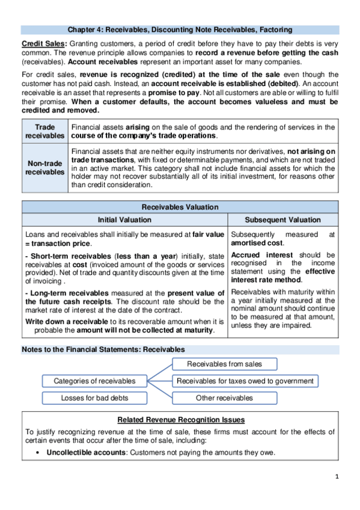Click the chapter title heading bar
(x=180, y=29)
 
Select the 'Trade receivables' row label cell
(x=44, y=132)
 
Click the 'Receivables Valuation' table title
(x=180, y=207)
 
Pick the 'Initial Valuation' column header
(x=124, y=220)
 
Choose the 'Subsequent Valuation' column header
(x=283, y=220)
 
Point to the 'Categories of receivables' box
(x=94, y=381)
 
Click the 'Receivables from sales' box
(x=224, y=364)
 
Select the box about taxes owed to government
(x=245, y=381)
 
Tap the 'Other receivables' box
(x=224, y=398)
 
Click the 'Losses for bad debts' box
(x=94, y=398)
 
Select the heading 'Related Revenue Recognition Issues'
(x=180, y=419)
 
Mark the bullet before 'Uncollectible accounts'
(x=38, y=453)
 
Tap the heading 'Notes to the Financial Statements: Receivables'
(x=103, y=349)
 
